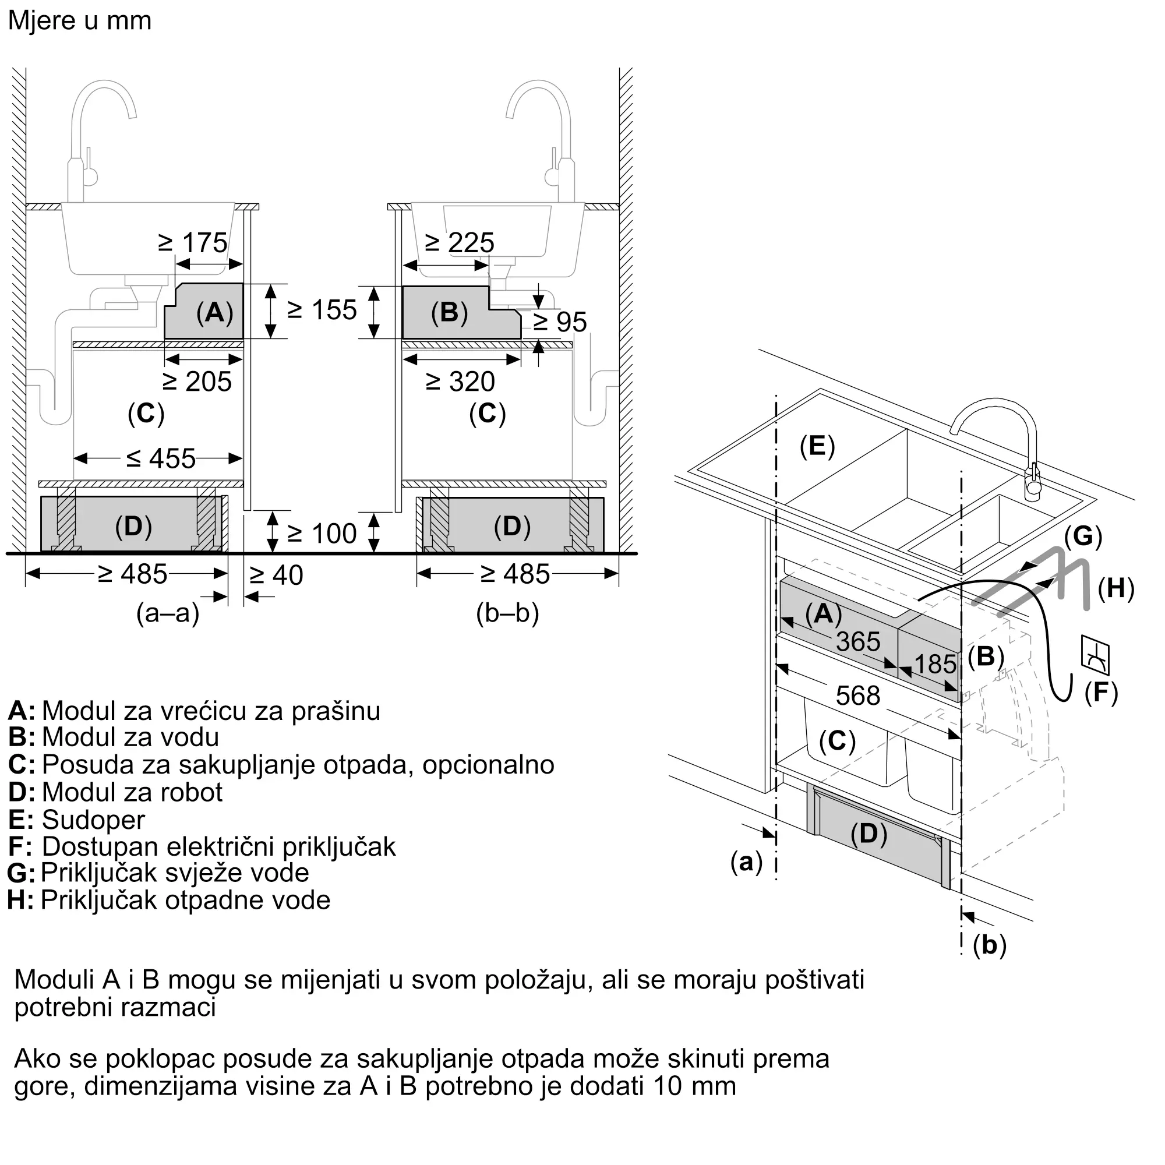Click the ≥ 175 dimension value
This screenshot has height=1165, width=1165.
pos(193,243)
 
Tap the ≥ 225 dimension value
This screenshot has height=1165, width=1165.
pos(460,243)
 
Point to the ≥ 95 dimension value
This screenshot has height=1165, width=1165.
pos(560,322)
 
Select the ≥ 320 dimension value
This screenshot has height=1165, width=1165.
pos(460,382)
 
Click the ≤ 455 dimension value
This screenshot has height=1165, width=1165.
pos(161,459)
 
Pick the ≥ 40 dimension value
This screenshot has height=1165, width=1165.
pos(276,576)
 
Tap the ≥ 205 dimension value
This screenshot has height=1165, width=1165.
pos(197,382)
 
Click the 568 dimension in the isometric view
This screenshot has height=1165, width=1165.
pos(858,696)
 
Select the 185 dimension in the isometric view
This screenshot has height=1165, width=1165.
pos(935,664)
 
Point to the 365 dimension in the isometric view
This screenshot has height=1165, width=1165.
pos(858,641)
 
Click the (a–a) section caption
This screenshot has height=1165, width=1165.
pos(168,613)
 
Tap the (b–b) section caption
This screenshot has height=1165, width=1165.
pos(507,613)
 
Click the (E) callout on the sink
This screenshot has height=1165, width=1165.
pos(817,446)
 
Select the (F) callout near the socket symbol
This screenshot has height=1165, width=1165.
pos(1101,693)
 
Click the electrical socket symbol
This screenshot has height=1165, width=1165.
pos(1095,655)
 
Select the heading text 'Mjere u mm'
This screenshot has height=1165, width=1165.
pos(80,21)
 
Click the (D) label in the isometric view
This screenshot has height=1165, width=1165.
pos(869,834)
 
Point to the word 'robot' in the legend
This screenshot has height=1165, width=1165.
pos(192,792)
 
